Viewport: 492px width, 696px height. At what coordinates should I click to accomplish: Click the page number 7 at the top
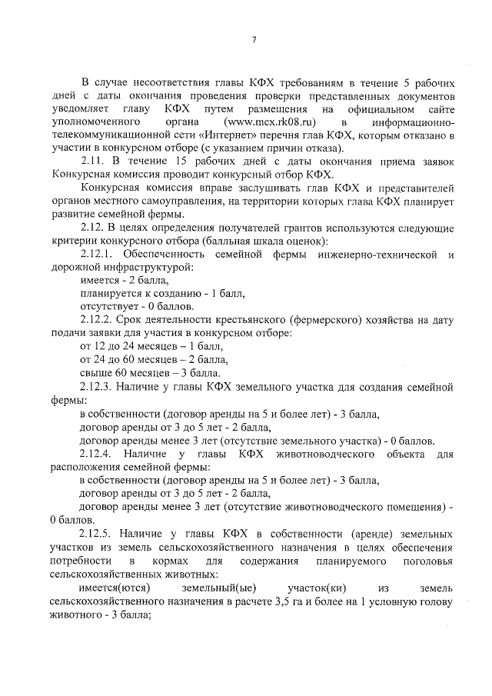click(254, 40)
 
